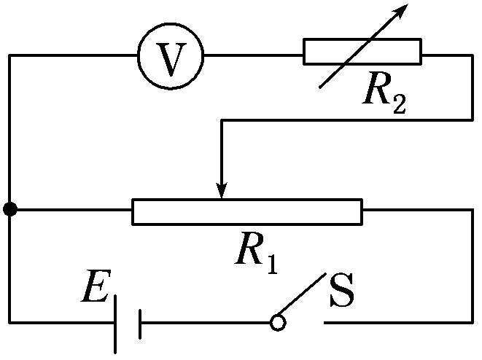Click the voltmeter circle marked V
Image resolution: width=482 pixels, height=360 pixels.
click(x=171, y=55)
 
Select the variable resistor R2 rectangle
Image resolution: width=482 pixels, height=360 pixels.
click(x=362, y=52)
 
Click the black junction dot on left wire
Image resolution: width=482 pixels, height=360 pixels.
click(x=9, y=210)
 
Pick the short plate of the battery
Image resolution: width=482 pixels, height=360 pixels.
click(x=139, y=322)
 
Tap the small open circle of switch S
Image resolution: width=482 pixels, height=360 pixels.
click(x=277, y=322)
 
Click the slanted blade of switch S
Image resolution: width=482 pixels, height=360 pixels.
click(x=302, y=297)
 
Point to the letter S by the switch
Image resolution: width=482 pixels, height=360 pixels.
click(x=342, y=291)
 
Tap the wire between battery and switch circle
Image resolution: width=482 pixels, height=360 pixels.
click(x=204, y=322)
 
